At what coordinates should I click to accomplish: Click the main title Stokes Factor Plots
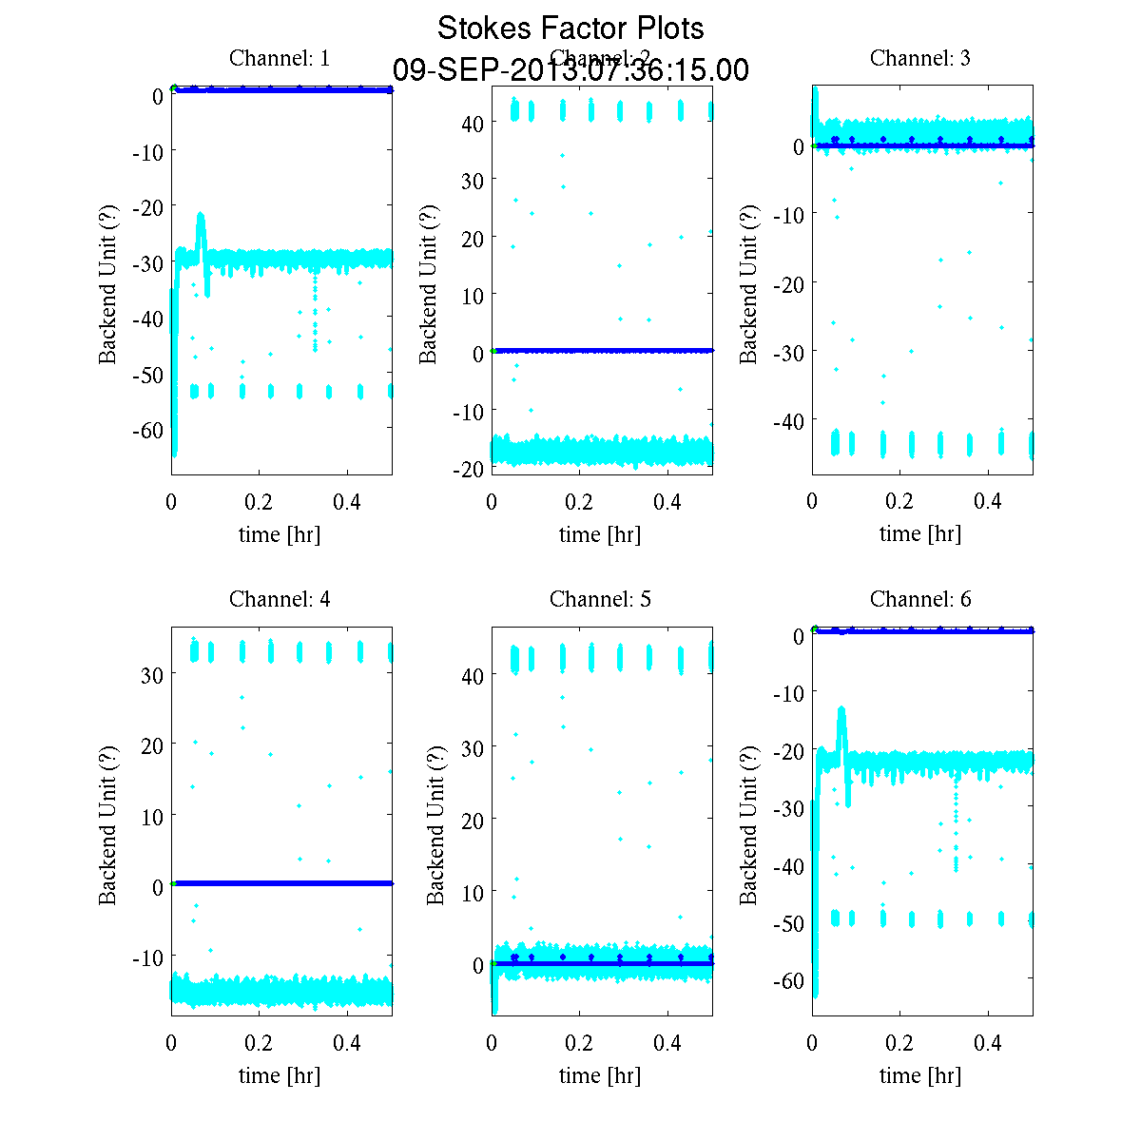click(570, 29)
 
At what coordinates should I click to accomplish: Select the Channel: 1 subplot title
click(280, 58)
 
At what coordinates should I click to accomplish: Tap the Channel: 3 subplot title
click(920, 58)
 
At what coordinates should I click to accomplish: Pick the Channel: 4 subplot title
click(280, 599)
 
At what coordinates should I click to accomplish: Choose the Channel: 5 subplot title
click(600, 599)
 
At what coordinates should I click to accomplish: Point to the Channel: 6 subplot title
click(920, 599)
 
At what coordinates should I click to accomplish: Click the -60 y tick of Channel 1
click(146, 431)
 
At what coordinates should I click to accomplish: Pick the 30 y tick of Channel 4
click(152, 674)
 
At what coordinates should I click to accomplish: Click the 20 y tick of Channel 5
click(473, 820)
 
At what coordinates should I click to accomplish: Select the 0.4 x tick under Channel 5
click(668, 1043)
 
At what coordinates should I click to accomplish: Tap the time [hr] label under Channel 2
click(600, 534)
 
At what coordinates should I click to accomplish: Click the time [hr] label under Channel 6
click(920, 1075)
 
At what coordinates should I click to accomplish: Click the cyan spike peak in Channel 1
click(201, 215)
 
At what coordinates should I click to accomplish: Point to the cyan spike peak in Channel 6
click(841, 709)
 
